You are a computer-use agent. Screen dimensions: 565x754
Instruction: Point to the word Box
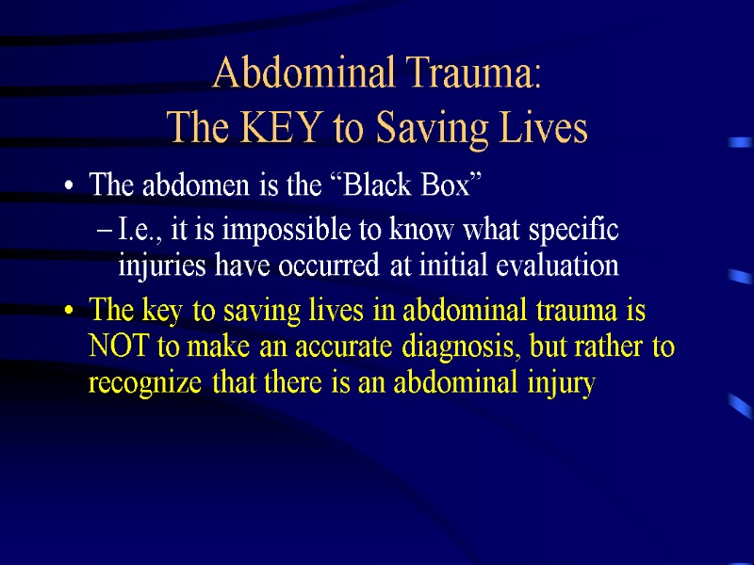click(x=444, y=186)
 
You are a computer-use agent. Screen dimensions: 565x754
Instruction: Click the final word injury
click(x=561, y=384)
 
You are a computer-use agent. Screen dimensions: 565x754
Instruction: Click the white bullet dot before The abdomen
click(x=70, y=188)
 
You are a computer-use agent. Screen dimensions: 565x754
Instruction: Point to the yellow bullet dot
click(x=70, y=312)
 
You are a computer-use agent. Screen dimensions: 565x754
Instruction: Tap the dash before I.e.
click(x=108, y=232)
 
